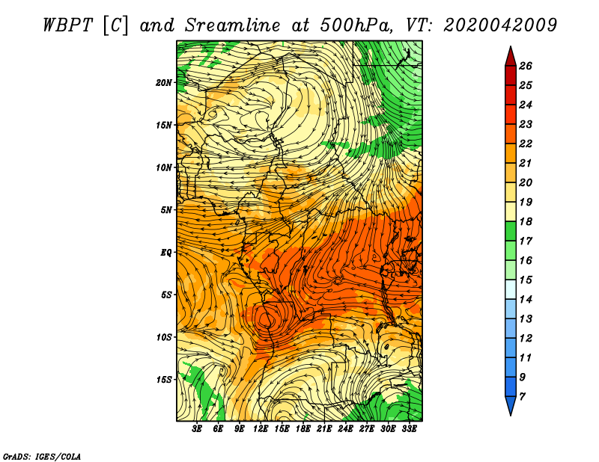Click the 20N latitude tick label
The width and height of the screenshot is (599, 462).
[163, 83]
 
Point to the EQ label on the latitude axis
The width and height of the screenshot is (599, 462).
[165, 253]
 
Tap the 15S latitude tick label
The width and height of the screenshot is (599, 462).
[164, 380]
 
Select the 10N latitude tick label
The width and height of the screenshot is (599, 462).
[163, 167]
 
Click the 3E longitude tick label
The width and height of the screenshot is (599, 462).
[197, 429]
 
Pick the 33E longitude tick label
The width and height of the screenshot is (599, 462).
[409, 429]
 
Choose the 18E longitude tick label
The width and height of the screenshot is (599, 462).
[303, 429]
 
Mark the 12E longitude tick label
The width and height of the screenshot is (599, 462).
[261, 429]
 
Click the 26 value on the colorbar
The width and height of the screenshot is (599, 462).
[526, 66]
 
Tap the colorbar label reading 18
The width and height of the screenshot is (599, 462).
[526, 221]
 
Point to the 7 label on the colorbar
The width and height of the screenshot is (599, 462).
[522, 397]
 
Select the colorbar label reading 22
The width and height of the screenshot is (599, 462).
[526, 144]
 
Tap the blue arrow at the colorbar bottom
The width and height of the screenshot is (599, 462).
[511, 404]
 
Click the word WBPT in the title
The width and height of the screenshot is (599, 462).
[67, 25]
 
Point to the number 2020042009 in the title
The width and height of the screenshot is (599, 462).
[499, 25]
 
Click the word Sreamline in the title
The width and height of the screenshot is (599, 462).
[232, 25]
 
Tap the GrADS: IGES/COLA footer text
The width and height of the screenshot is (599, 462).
[42, 457]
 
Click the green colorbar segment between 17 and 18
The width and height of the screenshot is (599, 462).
[511, 231]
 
